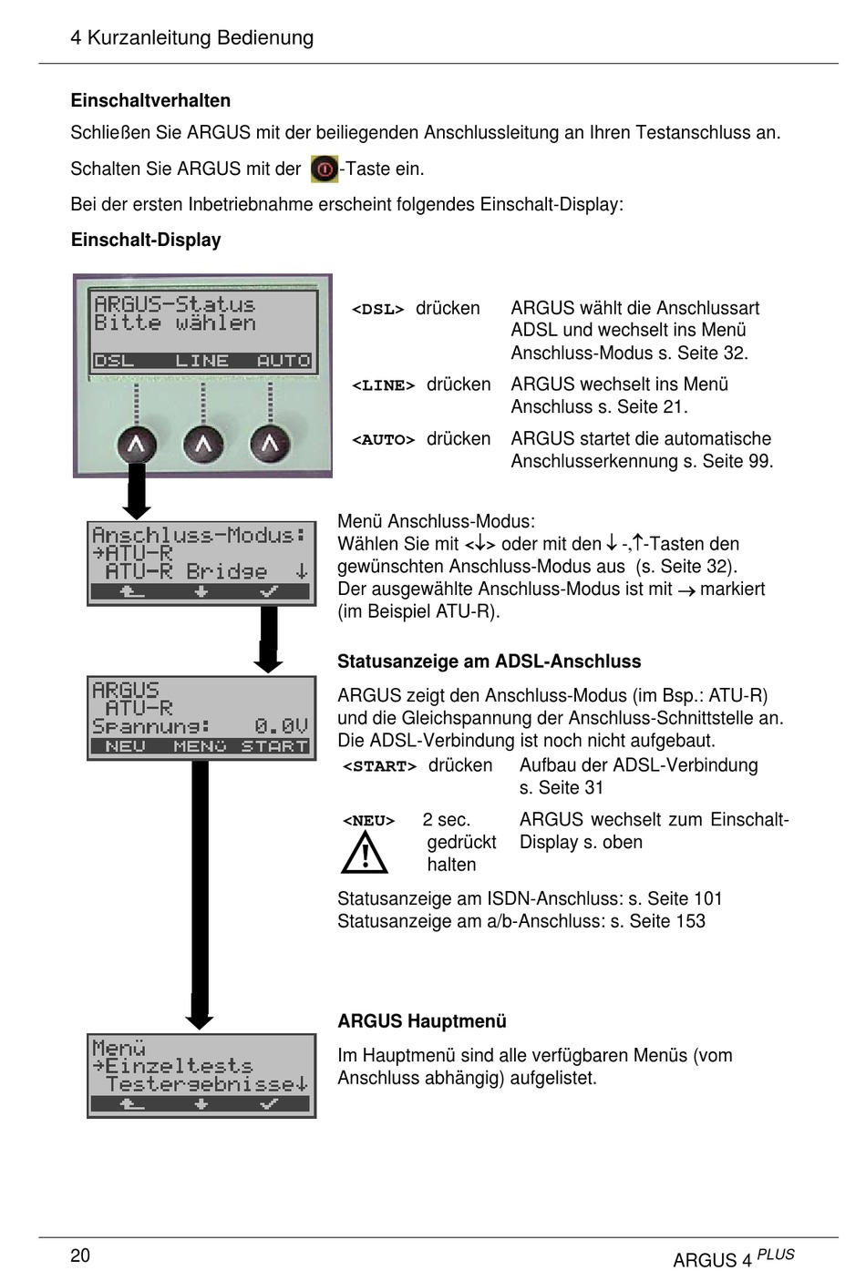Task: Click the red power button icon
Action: (324, 169)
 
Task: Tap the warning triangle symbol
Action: (365, 853)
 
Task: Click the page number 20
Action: (80, 1255)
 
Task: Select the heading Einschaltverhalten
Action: (150, 100)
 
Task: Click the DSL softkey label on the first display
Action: (115, 361)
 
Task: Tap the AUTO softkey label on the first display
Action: (284, 361)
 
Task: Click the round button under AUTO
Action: (270, 444)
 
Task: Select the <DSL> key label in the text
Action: (377, 309)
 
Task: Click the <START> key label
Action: (379, 766)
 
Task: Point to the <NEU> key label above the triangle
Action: (368, 821)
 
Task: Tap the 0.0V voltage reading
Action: (281, 726)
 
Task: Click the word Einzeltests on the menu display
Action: (179, 1065)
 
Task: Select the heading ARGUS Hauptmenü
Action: (421, 1020)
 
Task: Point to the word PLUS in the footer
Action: (776, 1254)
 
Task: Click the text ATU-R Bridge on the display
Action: (186, 571)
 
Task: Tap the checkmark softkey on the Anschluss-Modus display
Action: (269, 592)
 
